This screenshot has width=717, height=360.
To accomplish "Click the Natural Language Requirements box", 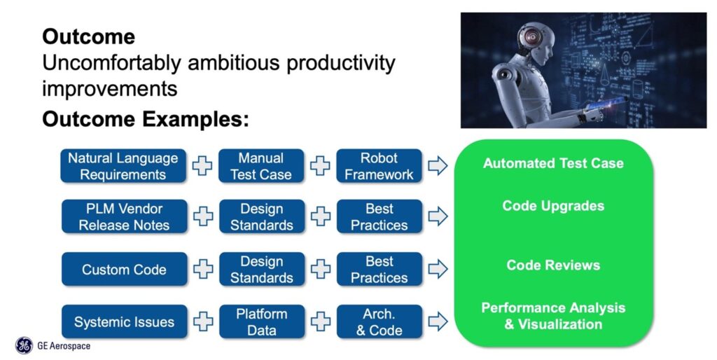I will [123, 166].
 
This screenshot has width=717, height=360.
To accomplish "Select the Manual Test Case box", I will [261, 166].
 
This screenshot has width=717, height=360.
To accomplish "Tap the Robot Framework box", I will [379, 166].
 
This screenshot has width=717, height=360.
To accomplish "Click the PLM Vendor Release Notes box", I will [124, 216].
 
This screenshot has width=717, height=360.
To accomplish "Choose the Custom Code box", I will [124, 269].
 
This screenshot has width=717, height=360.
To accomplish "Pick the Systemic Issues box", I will [124, 322].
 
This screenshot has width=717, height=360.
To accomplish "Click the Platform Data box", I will [261, 322].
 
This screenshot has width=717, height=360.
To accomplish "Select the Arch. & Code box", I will [379, 322].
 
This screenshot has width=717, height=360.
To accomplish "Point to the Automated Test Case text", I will [553, 164].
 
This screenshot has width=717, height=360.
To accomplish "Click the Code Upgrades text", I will [553, 206].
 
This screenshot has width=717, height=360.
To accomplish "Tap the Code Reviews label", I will [553, 265].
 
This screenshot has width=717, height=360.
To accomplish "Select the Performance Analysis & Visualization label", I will [553, 316].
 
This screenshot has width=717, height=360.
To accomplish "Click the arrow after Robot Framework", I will [438, 166].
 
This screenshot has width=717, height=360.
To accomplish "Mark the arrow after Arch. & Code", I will [438, 322].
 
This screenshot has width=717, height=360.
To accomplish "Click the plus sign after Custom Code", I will [203, 269].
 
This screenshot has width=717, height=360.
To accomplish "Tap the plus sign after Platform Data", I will [320, 322].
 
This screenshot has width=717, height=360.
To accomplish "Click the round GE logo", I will [24, 345].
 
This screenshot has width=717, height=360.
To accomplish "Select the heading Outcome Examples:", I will [146, 119].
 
